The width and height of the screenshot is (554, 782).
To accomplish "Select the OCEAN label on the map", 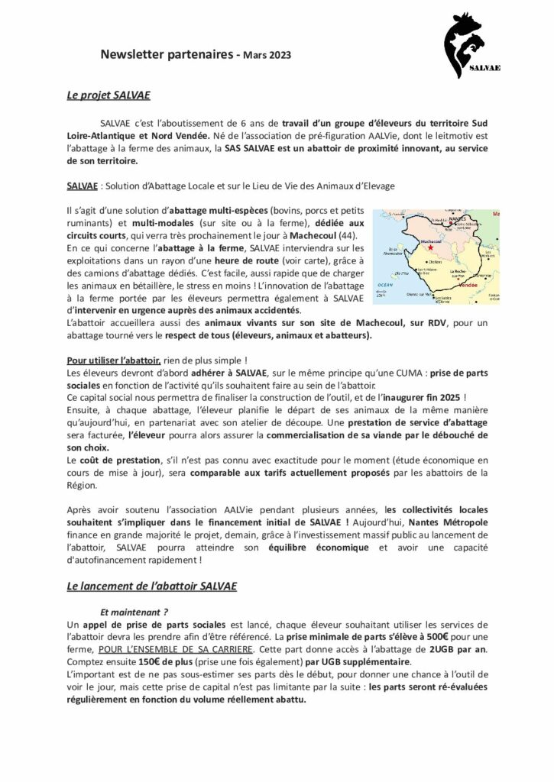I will click(384, 284).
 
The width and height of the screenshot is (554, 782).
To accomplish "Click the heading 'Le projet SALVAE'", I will click(109, 96).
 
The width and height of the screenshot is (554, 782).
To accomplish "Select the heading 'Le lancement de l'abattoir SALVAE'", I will click(152, 586).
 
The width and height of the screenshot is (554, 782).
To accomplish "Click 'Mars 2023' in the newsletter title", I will click(267, 55).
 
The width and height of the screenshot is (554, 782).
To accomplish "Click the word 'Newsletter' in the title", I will click(131, 54).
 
